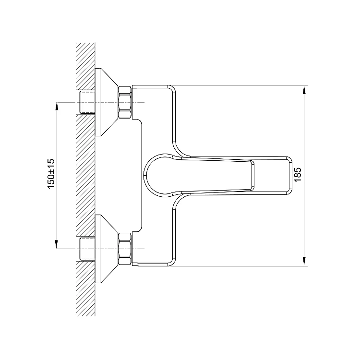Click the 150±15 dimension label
click(x=51, y=174)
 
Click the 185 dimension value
click(x=297, y=175)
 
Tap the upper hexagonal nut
click(x=125, y=102)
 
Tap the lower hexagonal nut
click(x=125, y=249)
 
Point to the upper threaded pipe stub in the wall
click(x=87, y=102)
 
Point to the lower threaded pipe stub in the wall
click(x=87, y=249)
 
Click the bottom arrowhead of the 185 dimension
click(x=304, y=262)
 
